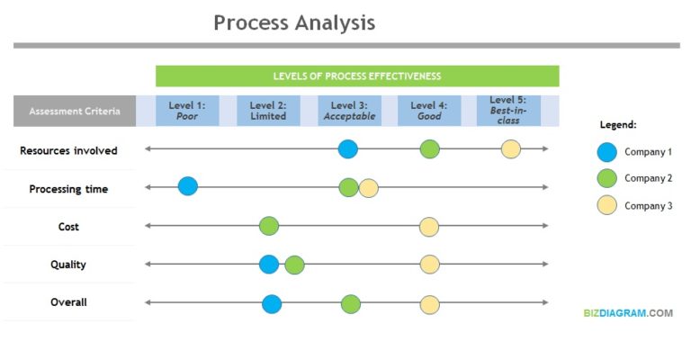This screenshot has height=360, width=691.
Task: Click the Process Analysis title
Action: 294,22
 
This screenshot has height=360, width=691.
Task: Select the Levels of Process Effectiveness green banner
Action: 357,76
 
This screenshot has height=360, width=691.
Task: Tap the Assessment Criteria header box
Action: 75,112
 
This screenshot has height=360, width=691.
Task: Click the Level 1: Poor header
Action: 187,111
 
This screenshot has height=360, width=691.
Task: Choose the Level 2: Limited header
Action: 268,111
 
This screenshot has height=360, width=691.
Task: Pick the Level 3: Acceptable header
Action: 349,111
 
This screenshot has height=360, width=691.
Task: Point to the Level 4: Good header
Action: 429,111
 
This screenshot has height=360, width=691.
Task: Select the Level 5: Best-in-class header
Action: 508,110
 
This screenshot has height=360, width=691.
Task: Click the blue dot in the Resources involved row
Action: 348,149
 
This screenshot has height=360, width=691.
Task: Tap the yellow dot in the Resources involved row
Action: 510,149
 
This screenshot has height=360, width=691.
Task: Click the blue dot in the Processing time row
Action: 187,186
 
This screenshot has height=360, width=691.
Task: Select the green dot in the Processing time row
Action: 348,187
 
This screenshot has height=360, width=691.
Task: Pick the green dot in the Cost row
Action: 269,226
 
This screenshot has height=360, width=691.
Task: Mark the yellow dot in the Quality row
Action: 430,264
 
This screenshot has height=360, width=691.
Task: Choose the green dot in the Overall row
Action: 351,304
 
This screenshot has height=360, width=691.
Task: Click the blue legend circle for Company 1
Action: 607,151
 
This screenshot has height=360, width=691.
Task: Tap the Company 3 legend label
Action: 649,206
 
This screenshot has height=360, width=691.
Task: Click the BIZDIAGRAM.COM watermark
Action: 627,313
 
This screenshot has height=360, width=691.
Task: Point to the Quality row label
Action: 68,265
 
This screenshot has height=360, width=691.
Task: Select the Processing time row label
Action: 68,189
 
